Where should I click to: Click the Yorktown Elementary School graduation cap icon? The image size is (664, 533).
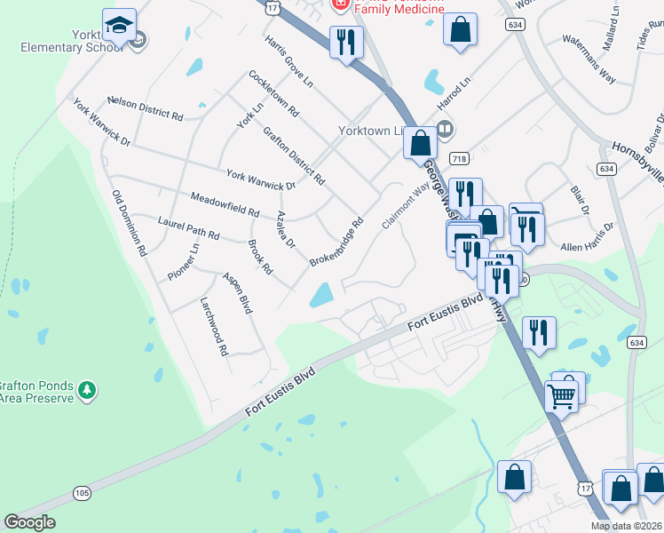pos(118,25)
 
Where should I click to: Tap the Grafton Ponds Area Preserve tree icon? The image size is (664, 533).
pos(87,389)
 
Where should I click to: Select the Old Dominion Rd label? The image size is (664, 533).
pos(129,223)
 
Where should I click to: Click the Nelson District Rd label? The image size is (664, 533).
pos(145,108)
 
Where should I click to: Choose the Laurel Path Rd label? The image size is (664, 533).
pos(188,229)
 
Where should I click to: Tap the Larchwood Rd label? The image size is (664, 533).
pos(214,326)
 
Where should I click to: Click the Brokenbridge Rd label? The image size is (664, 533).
pos(336,243)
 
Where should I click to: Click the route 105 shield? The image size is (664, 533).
pos(83,492)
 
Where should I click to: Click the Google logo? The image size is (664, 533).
pos(30,522)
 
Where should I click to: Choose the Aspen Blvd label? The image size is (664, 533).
pos(238,292)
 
